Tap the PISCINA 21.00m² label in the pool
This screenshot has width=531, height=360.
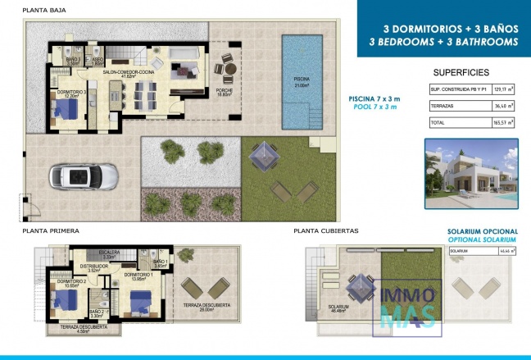tap(302, 82)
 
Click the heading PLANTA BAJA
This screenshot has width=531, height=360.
tap(44, 11)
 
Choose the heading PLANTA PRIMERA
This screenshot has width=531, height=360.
tap(50, 232)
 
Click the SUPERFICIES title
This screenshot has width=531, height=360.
tap(461, 72)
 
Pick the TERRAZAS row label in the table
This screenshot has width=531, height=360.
tap(442, 106)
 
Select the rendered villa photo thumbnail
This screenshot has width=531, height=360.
tap(471, 173)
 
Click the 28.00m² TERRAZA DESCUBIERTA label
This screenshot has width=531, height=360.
tap(206, 308)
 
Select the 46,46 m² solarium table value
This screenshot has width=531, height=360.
tap(504, 252)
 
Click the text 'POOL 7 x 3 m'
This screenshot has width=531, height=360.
tap(374, 107)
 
